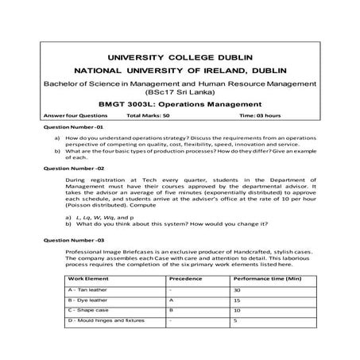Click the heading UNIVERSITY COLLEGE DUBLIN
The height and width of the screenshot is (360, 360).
click(x=179, y=57)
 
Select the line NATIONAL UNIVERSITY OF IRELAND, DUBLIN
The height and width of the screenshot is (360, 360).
click(x=179, y=71)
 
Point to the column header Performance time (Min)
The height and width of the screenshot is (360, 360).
click(x=263, y=281)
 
